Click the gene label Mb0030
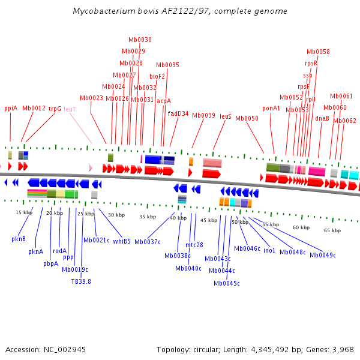[140, 40]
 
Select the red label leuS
[226, 116]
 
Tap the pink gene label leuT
[70, 109]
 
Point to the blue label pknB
[19, 239]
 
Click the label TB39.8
[81, 281]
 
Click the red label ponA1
[271, 109]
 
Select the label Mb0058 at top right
[318, 52]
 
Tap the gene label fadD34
[178, 113]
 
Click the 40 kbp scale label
[178, 218]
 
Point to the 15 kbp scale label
[24, 212]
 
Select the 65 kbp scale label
[332, 230]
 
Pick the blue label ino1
[269, 250]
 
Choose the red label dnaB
[322, 118]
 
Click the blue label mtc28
[194, 244]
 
